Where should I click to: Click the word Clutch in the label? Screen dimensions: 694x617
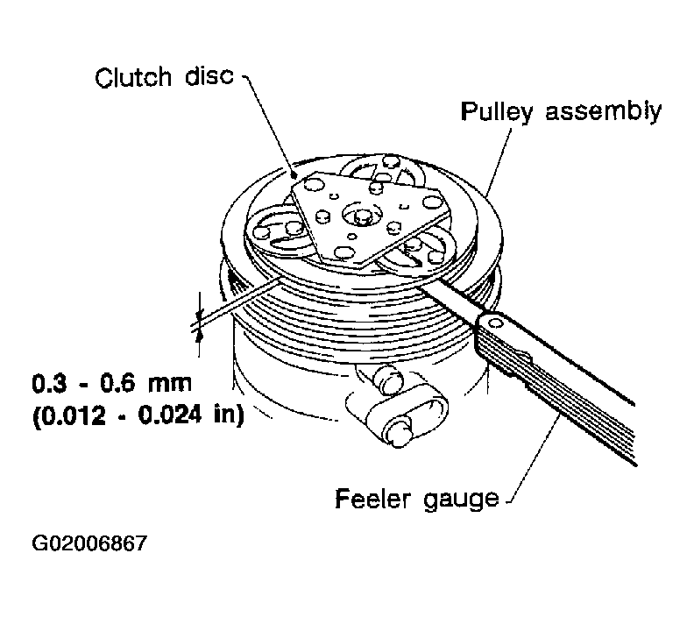point(133,77)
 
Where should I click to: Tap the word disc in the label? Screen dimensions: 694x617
point(209,75)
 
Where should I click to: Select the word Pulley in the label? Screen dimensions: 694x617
point(496,111)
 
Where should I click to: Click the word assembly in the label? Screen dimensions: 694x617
point(603,111)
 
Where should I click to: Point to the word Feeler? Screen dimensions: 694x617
point(373,499)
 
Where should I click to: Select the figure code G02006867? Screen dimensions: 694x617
point(89,543)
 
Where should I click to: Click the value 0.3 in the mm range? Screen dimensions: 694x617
point(49,383)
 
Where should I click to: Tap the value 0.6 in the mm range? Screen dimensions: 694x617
point(117,383)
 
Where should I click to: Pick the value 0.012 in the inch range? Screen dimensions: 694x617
point(73,415)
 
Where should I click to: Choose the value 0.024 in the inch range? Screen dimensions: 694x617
point(170,415)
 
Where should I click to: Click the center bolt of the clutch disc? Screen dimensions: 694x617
point(363,215)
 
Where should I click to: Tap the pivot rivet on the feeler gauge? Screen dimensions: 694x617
point(496,323)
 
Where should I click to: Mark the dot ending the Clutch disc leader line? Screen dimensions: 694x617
point(293,175)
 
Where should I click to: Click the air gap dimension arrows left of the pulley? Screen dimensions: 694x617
point(199,325)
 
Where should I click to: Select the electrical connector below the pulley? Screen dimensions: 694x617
point(397,404)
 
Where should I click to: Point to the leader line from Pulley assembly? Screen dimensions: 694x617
point(499,162)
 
